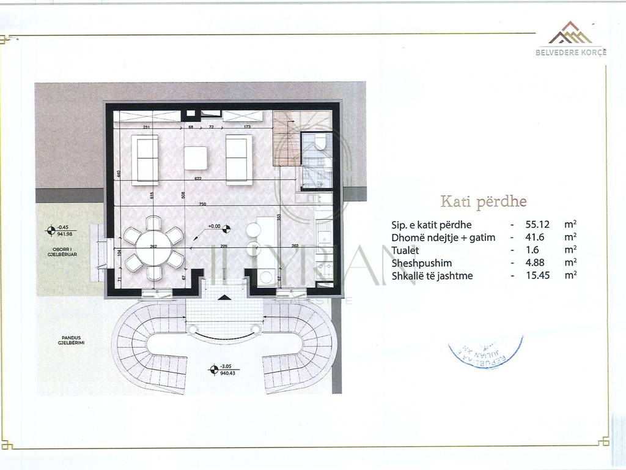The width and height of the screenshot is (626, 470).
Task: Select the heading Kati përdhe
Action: click(x=483, y=201)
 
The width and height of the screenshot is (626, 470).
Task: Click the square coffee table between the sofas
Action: click(x=196, y=159)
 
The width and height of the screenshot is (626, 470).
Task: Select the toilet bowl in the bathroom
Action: click(x=320, y=143)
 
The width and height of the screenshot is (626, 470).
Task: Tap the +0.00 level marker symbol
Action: click(x=227, y=229)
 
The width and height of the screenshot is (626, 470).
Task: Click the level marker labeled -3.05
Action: click(x=213, y=369)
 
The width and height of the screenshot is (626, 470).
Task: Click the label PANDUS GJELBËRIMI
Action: click(x=69, y=341)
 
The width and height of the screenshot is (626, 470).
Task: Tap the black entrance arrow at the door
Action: click(x=225, y=297)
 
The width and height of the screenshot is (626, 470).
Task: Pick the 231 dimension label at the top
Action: click(x=147, y=127)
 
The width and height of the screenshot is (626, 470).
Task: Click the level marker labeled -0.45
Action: click(x=51, y=231)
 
